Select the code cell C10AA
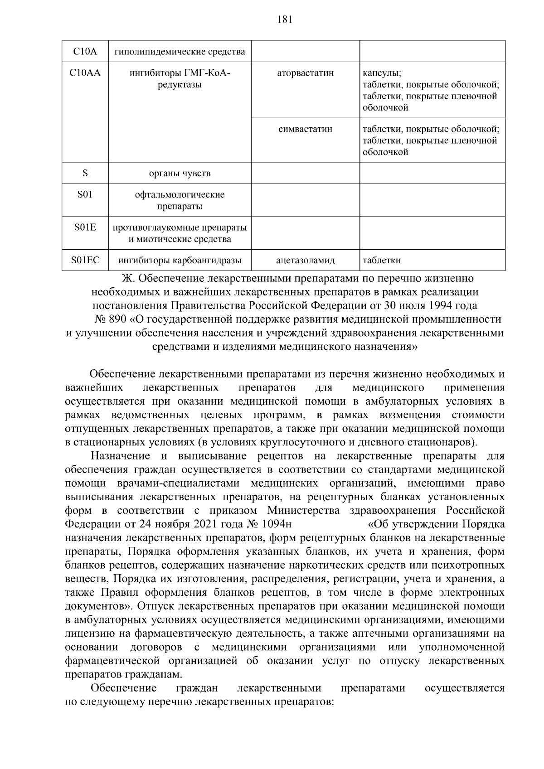(x=85, y=73)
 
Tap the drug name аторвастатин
(x=305, y=73)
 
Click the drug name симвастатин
(x=305, y=129)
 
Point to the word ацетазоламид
(x=305, y=261)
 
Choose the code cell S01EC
(x=85, y=260)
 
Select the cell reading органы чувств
(x=180, y=173)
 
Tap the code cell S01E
(x=85, y=227)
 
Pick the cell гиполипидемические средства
(x=180, y=52)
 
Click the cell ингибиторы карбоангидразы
(x=180, y=261)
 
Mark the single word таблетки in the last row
(x=382, y=261)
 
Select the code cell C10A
(x=85, y=52)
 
